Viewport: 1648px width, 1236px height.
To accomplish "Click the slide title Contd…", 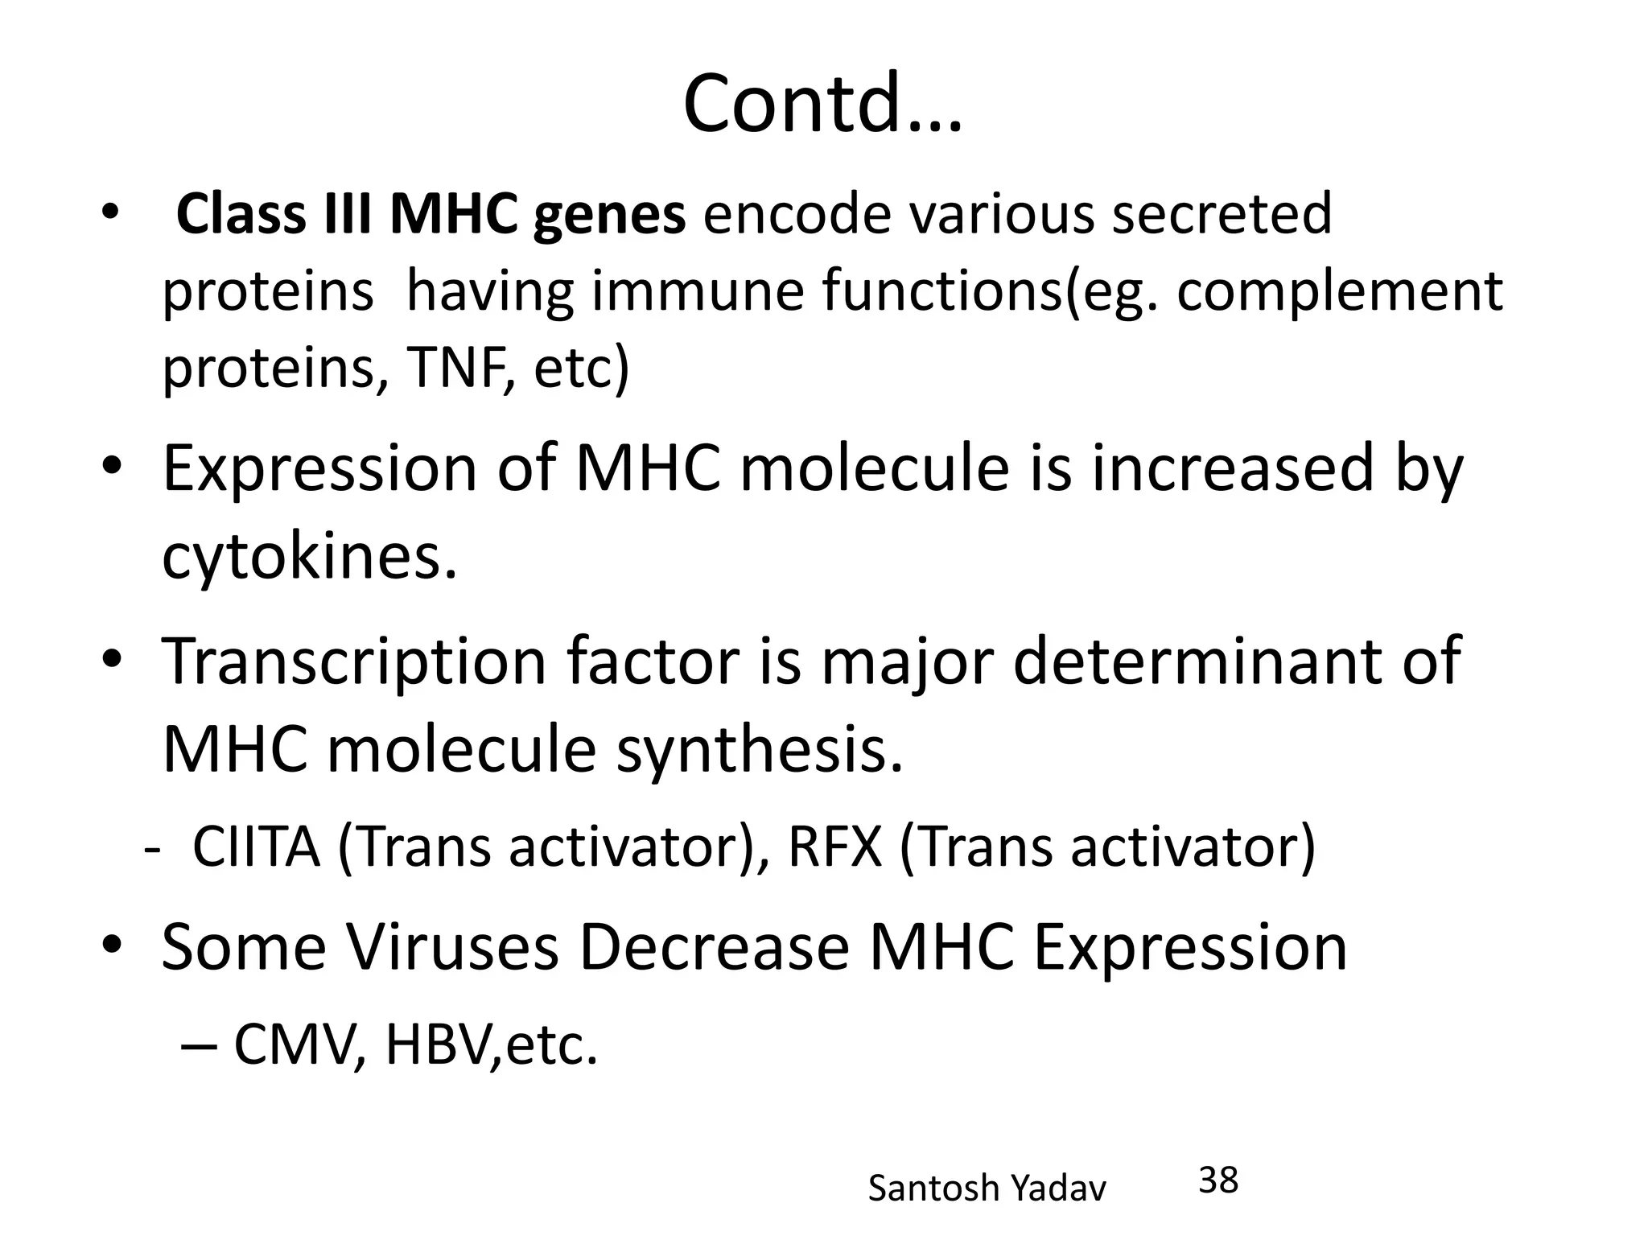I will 822,105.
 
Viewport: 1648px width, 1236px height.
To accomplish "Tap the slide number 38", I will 1218,1180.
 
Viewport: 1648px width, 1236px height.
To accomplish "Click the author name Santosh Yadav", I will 987,1188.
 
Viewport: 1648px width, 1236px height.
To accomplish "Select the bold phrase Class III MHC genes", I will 431,215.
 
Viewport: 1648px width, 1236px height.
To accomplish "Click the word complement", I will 1339,290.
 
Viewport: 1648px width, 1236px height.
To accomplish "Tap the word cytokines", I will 310,556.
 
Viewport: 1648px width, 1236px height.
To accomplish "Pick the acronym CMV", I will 295,1044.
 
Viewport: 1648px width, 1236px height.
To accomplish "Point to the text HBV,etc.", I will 492,1044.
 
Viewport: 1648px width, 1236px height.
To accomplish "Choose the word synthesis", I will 760,749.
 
